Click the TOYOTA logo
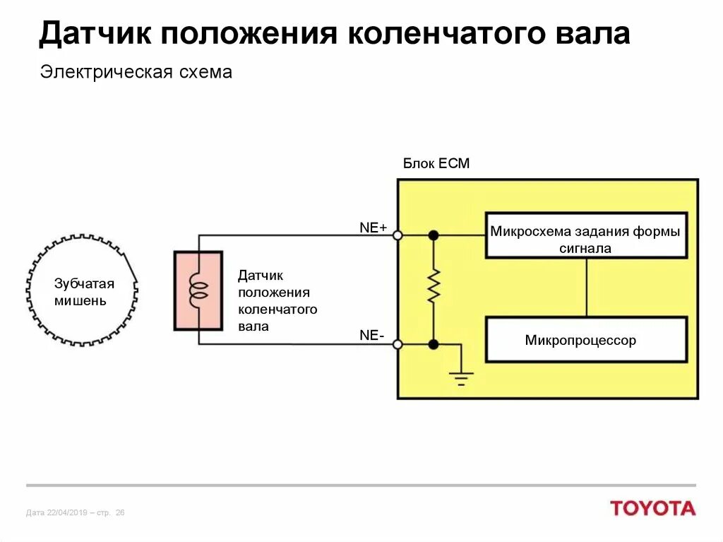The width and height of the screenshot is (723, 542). click(x=652, y=508)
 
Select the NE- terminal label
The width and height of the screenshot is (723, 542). click(x=372, y=336)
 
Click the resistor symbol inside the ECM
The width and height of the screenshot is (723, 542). click(x=434, y=285)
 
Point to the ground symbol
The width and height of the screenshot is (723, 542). click(x=461, y=377)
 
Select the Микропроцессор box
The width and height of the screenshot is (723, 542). click(x=586, y=340)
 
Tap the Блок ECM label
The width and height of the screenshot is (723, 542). click(x=436, y=164)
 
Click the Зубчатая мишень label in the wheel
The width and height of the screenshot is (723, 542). click(x=84, y=293)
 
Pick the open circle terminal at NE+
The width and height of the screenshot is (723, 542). click(x=398, y=235)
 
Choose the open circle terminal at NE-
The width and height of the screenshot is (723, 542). click(x=398, y=344)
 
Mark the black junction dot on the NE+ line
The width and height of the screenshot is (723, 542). click(x=434, y=235)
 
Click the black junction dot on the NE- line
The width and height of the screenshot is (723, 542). click(x=434, y=344)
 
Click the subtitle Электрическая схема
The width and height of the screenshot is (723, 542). click(x=136, y=73)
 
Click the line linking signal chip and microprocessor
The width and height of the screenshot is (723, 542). click(x=586, y=288)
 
